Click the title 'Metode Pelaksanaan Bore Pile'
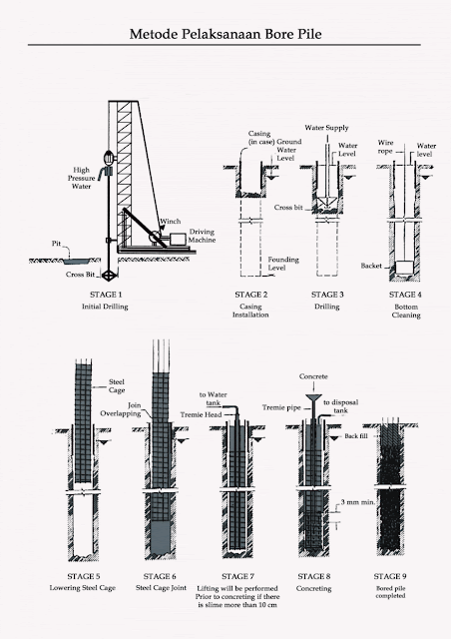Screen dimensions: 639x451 (x=225, y=34)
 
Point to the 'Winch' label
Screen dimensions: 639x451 (x=167, y=222)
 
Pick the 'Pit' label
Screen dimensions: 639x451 (x=57, y=242)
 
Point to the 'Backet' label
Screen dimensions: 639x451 (x=373, y=267)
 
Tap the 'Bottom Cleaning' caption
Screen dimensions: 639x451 (x=399, y=311)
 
